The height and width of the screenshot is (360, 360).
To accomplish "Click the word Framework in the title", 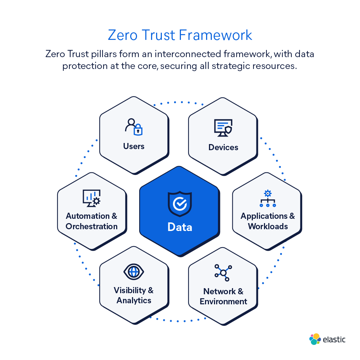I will coord(215,35).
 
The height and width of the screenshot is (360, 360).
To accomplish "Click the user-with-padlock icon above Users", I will coord(133,126).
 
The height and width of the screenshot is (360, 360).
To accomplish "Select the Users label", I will coord(134,146).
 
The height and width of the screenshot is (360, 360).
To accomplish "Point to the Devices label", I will coord(223,147).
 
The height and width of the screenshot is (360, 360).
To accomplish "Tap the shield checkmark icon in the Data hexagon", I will coord(180,204).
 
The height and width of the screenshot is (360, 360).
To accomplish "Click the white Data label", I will coord(180,227).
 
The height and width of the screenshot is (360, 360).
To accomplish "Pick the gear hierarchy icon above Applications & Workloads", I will coord(268,199).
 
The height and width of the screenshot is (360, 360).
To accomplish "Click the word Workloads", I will coord(268,226).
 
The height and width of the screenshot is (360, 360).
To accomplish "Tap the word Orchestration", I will coord(92,226).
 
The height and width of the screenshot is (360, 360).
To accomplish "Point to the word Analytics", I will coord(134,300).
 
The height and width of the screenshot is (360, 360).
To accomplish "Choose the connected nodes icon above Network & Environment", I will coord(223,273).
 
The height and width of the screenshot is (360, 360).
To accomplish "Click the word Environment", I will coord(223,301).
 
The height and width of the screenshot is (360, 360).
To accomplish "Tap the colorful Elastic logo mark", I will coord(315,339).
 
